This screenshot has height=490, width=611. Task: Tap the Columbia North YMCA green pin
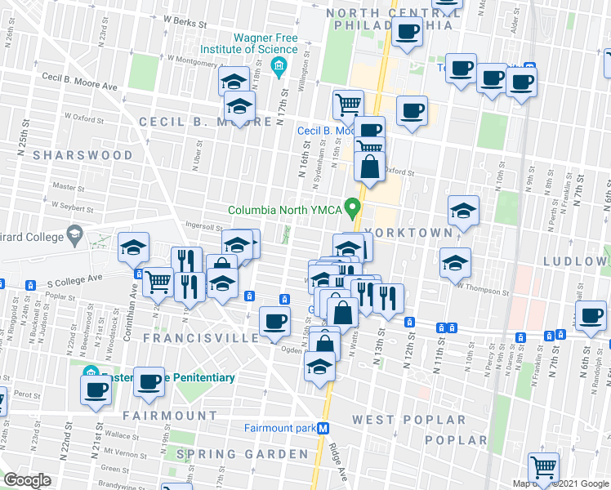pyautogui.click(x=353, y=208)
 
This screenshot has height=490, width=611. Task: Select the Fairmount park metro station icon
pyautogui.click(x=323, y=428)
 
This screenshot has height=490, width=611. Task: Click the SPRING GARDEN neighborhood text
pyautogui.click(x=243, y=454)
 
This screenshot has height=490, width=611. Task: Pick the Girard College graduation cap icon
pyautogui.click(x=74, y=236)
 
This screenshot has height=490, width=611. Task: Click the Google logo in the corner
pyautogui.click(x=27, y=480)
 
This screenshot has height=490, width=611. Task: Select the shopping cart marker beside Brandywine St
pyautogui.click(x=543, y=468)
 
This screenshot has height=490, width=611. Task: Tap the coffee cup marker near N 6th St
pyautogui.click(x=591, y=316)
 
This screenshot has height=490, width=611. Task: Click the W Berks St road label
pyautogui.click(x=184, y=20)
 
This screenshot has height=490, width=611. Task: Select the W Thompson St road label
pyautogui.click(x=483, y=289)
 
